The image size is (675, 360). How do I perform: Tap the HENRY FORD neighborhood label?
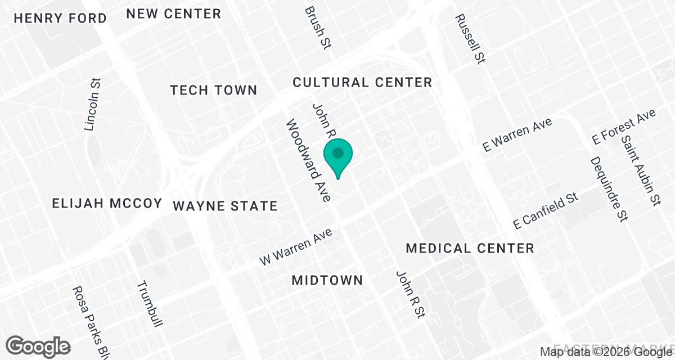tap(60, 18)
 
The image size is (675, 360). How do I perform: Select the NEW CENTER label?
tap(173, 13)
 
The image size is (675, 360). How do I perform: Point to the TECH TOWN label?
tap(214, 90)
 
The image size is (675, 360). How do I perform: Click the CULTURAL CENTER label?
tap(362, 83)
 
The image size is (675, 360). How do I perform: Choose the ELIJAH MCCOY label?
tap(107, 203)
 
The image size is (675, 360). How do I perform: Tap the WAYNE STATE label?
tap(225, 206)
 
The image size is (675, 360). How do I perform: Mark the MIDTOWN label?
tap(327, 280)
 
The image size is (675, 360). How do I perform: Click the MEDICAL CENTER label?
tap(470, 248)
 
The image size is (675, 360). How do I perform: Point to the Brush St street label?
tap(317, 28)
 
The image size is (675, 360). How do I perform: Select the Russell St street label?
tap(470, 38)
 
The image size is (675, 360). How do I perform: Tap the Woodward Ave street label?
tap(309, 160)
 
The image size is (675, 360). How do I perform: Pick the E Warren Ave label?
tap(518, 134)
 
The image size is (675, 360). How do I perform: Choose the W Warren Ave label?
tap(297, 246)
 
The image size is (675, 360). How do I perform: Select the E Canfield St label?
tap(546, 210)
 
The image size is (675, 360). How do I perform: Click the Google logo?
tap(38, 346)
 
